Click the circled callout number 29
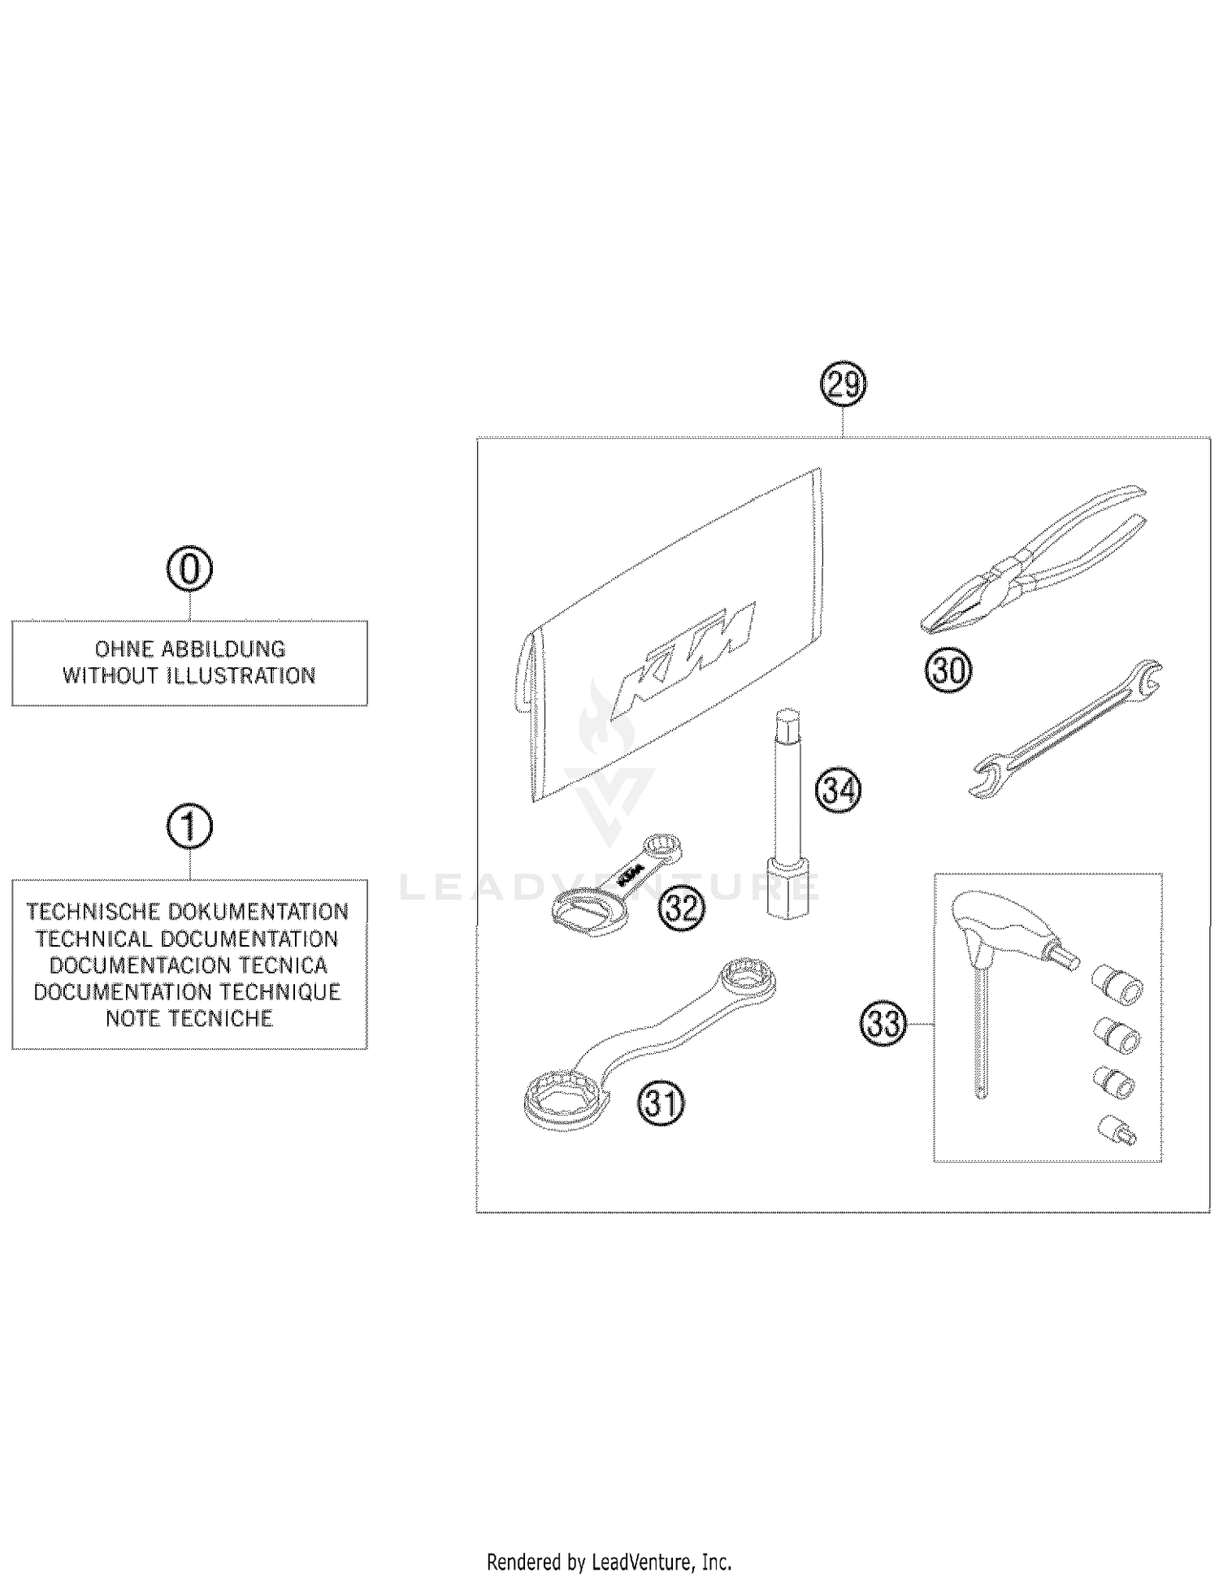(x=844, y=384)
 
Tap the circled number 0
(x=189, y=570)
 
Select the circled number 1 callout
(x=189, y=828)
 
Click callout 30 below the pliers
(x=948, y=671)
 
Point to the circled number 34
(x=839, y=789)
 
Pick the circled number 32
(x=681, y=908)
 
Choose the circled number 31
(x=661, y=1103)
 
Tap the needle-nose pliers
(x=1032, y=561)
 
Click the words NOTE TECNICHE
(x=189, y=1019)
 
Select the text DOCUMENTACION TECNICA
(x=189, y=965)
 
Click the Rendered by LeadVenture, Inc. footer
(x=609, y=1561)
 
